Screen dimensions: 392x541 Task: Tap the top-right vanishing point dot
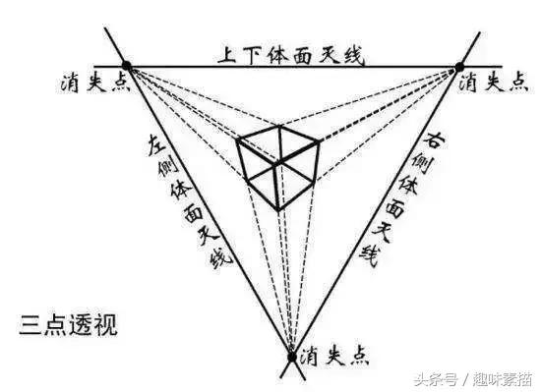click(x=458, y=66)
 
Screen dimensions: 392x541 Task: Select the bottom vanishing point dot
click(x=291, y=356)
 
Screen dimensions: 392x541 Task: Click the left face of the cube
click(x=257, y=176)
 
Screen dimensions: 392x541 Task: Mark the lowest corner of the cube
click(x=278, y=210)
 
